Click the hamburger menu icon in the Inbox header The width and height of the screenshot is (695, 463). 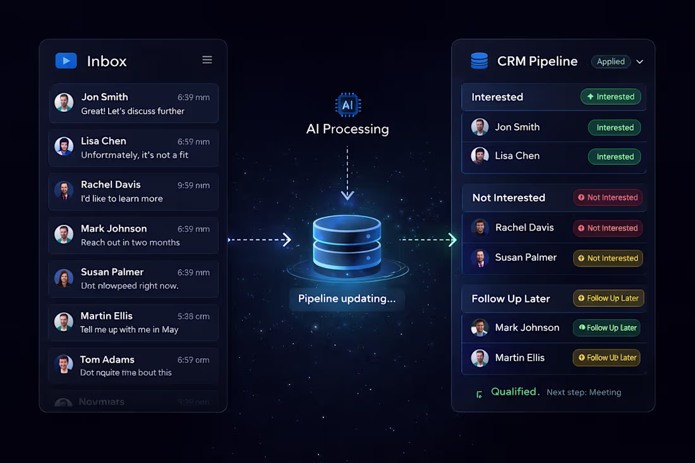pyautogui.click(x=207, y=60)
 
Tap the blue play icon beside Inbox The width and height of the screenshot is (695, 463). pyautogui.click(x=66, y=61)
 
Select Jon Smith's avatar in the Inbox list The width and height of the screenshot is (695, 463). pyautogui.click(x=64, y=103)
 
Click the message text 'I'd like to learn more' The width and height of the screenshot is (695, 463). pyautogui.click(x=122, y=198)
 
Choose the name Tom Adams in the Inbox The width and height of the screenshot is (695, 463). pyautogui.click(x=107, y=359)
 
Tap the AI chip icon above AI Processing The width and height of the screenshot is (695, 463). pyautogui.click(x=347, y=105)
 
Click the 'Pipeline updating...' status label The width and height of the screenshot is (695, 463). pyautogui.click(x=347, y=299)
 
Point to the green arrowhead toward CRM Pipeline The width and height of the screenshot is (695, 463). pyautogui.click(x=452, y=239)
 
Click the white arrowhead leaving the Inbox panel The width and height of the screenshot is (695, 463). pyautogui.click(x=286, y=239)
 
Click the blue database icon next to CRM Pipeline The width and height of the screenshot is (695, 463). pyautogui.click(x=480, y=61)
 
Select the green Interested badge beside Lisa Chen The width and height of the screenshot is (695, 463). pyautogui.click(x=614, y=157)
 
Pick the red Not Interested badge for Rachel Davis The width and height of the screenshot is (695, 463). pyautogui.click(x=608, y=228)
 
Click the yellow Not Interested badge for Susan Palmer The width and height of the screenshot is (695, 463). pyautogui.click(x=608, y=258)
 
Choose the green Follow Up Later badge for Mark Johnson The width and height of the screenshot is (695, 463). pyautogui.click(x=606, y=328)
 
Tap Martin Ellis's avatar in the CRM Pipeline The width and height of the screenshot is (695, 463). pyautogui.click(x=480, y=358)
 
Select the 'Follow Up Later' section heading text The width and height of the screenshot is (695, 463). pyautogui.click(x=511, y=299)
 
